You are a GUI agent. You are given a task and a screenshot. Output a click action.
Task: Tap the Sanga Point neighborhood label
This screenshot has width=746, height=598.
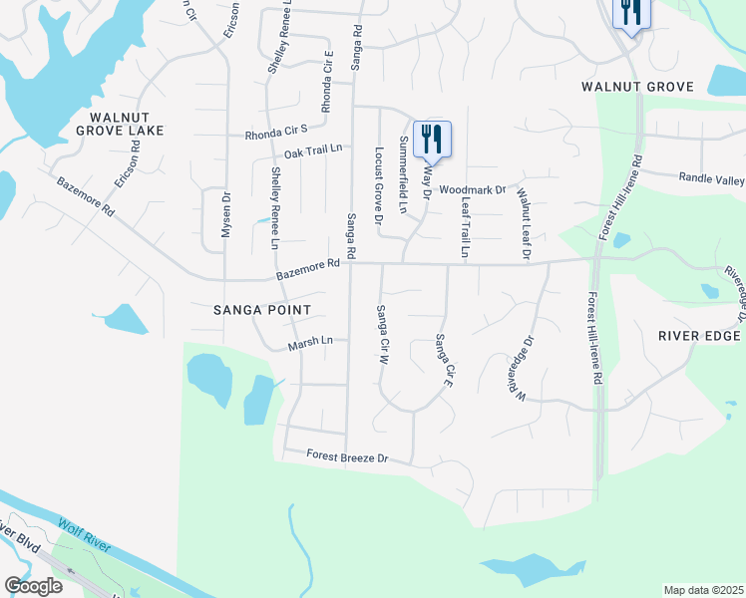click(x=263, y=310)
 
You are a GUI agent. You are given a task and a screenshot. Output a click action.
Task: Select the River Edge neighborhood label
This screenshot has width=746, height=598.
click(x=699, y=336)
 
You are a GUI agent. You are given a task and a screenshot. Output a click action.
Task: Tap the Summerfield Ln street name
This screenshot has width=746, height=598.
click(x=403, y=175)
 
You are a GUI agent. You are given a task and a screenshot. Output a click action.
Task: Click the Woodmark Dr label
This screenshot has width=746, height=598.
click(x=473, y=188)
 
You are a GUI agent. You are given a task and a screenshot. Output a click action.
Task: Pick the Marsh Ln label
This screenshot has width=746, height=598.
click(x=309, y=343)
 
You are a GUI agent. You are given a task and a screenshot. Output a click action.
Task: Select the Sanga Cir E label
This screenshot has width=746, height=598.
click(x=445, y=360)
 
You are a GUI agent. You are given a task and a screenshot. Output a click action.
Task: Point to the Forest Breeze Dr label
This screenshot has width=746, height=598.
click(x=346, y=458)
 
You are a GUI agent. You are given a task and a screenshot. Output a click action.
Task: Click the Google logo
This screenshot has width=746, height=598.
click(x=33, y=586)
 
